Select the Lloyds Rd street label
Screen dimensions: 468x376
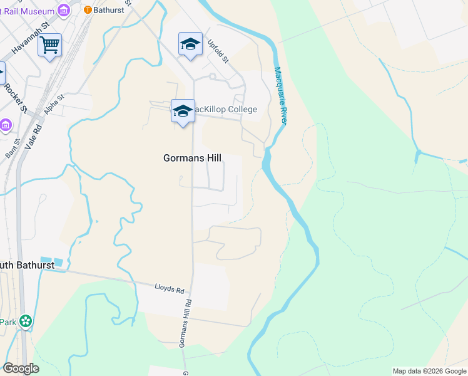click(170, 290)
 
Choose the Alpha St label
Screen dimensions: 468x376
click(54, 106)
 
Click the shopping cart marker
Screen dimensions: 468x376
click(49, 45)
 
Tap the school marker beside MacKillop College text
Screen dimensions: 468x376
click(183, 111)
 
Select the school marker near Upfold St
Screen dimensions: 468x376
click(190, 44)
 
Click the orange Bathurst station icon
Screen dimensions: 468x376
click(88, 9)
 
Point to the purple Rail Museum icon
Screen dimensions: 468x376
click(63, 10)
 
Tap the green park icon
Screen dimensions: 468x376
click(26, 322)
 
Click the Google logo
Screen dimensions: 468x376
click(21, 368)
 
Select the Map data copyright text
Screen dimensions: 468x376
click(429, 371)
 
